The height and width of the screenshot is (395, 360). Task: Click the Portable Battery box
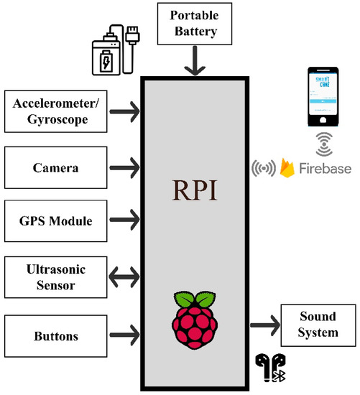click(x=195, y=24)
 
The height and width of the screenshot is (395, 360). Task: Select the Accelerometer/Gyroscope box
click(x=56, y=111)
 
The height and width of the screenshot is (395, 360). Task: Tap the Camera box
click(x=56, y=167)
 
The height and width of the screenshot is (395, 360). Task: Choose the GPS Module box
click(x=56, y=221)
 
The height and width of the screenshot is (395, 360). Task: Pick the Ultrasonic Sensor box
click(x=56, y=277)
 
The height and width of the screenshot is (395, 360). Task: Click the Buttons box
click(x=56, y=336)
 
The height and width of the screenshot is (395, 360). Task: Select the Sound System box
click(x=318, y=325)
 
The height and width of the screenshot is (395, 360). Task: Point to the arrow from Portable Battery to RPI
click(x=195, y=61)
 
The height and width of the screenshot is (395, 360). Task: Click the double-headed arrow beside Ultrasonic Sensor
click(x=124, y=277)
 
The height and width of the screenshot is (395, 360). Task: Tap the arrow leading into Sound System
click(x=265, y=325)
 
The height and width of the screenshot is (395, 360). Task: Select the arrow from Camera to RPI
click(x=124, y=167)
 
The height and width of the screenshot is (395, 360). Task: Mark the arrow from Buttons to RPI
click(x=124, y=335)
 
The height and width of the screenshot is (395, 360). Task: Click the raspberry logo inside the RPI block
click(x=195, y=320)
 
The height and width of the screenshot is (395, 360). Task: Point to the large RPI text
click(x=195, y=190)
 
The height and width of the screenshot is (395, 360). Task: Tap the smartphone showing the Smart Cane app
click(x=323, y=96)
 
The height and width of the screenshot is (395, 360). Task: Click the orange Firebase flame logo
click(x=287, y=168)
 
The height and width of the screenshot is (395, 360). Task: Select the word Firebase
click(x=326, y=168)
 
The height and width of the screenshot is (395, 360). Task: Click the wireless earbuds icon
click(x=270, y=368)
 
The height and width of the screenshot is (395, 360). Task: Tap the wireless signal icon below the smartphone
click(x=324, y=144)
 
